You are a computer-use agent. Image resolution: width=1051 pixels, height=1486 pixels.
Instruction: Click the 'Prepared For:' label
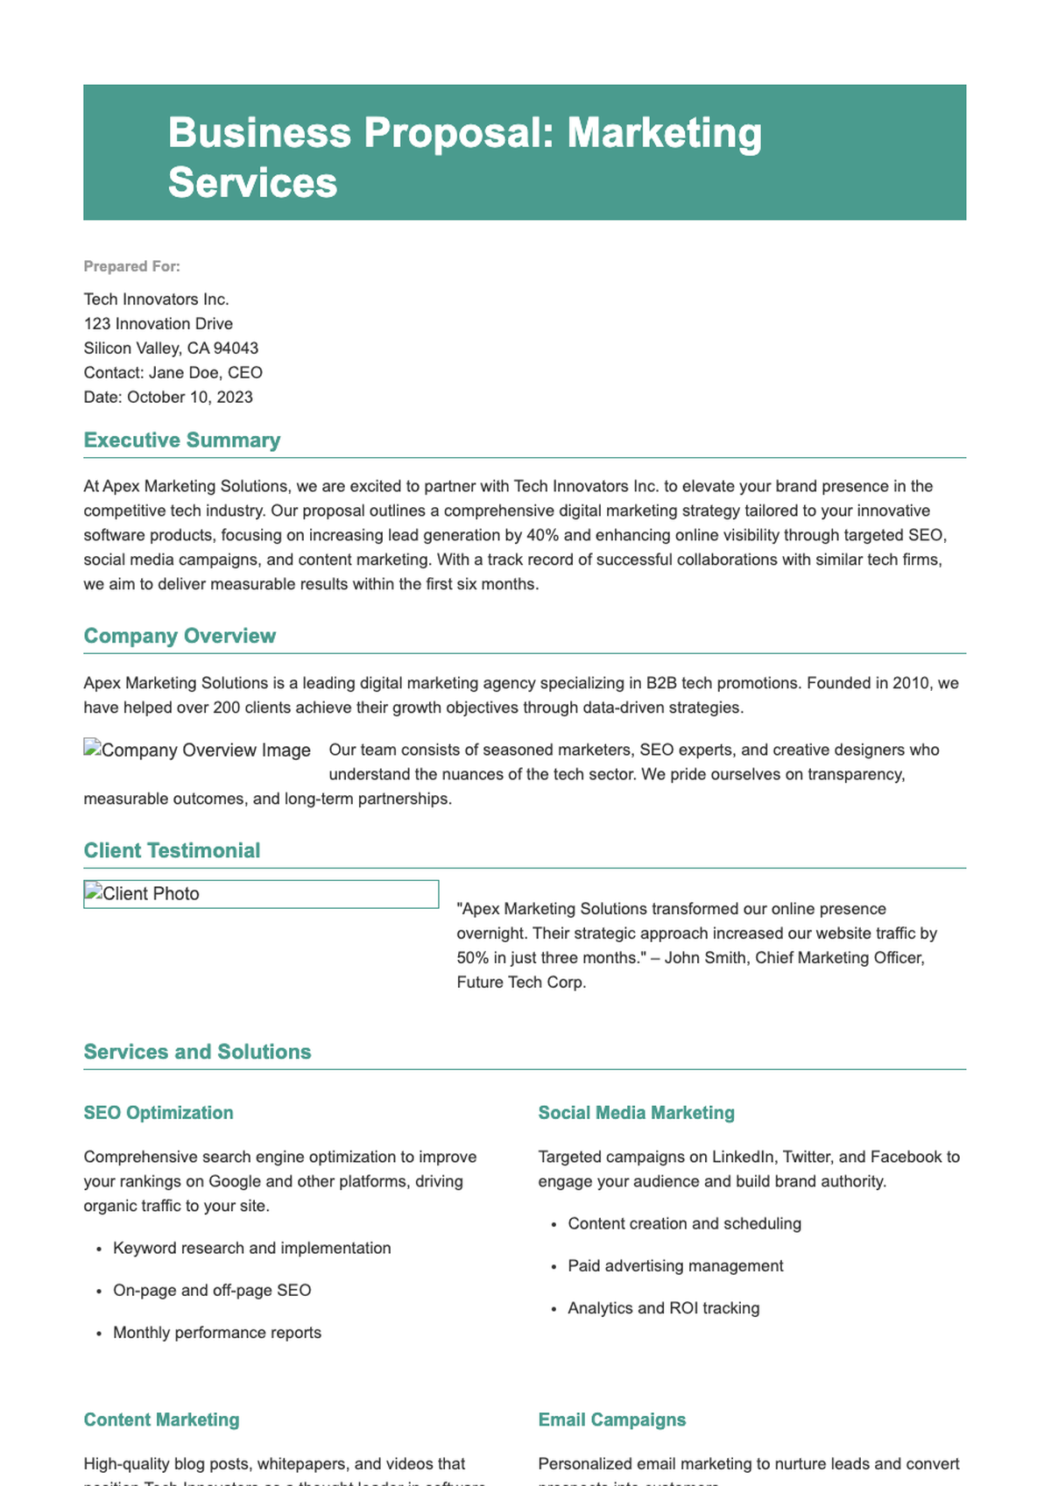pos(131,266)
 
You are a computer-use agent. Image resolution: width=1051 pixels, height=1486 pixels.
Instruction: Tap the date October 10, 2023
pos(190,398)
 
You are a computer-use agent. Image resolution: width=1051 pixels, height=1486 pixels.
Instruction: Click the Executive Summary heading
pos(182,440)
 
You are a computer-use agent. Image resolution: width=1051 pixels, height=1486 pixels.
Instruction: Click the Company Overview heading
pos(180,636)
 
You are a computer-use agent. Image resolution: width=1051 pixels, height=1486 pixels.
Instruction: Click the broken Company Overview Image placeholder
pos(197,750)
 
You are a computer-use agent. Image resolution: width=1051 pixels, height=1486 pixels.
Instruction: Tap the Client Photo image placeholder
pos(260,894)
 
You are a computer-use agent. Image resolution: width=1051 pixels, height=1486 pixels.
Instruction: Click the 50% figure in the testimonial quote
pos(473,958)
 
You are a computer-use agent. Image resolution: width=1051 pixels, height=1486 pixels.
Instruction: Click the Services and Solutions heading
pos(197,1052)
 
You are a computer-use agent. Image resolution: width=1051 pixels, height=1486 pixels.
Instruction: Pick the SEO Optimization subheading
pos(159,1113)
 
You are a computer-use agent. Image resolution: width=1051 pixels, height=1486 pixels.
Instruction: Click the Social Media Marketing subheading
pos(636,1113)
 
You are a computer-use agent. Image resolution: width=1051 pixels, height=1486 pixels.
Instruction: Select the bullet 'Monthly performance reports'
pos(217,1333)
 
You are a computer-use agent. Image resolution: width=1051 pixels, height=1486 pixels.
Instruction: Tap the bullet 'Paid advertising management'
pos(675,1266)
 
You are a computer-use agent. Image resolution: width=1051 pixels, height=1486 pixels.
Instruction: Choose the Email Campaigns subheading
pos(611,1419)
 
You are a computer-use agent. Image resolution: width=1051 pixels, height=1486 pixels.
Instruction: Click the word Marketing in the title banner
pos(665,133)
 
